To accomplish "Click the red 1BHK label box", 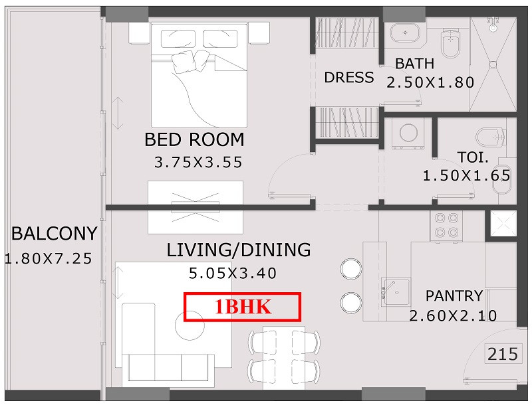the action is click(242, 307).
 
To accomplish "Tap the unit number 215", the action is click(503, 354).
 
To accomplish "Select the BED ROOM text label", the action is click(194, 139).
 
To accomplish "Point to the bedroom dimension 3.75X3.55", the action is click(198, 162).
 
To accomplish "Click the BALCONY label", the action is click(55, 234).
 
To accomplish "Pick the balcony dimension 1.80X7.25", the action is click(49, 258).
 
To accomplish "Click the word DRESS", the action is click(348, 78).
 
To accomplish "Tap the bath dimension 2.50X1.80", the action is click(430, 82).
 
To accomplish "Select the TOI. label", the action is click(473, 157).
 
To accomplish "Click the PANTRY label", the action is click(454, 296).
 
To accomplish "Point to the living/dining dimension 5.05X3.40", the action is click(233, 273).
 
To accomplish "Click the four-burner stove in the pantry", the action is click(446, 226).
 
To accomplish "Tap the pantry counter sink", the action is click(395, 291).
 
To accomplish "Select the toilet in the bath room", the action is click(450, 43).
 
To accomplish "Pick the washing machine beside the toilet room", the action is click(408, 133).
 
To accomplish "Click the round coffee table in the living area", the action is click(190, 325).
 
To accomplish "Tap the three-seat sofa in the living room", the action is click(168, 368).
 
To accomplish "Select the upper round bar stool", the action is click(351, 269).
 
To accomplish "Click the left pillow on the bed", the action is click(178, 39).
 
